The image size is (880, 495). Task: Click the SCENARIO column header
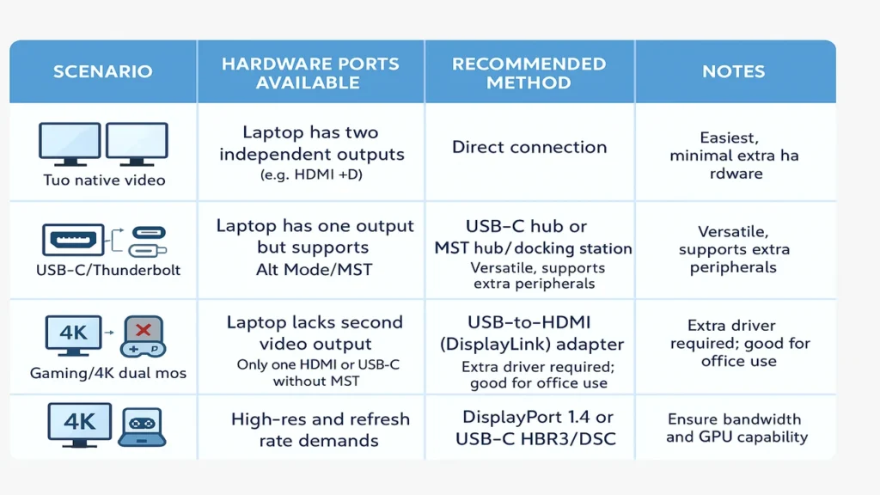tap(102, 71)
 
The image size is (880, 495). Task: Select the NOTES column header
tap(733, 71)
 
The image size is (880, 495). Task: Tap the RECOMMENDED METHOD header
tap(529, 73)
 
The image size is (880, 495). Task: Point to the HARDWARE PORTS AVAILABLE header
tap(309, 73)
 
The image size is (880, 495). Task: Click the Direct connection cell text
tap(529, 147)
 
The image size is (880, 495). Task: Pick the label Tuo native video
tap(104, 180)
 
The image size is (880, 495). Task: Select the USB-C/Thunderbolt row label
tap(102, 271)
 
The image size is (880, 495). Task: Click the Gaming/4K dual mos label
tap(107, 373)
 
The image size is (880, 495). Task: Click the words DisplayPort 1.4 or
tap(538, 418)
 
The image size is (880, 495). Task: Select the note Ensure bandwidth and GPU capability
tap(736, 428)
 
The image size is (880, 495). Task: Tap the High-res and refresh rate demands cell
tap(320, 430)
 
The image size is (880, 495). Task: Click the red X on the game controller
tap(143, 330)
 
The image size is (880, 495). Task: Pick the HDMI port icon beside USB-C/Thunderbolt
tap(73, 240)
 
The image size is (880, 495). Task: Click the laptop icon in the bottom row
tap(140, 425)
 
